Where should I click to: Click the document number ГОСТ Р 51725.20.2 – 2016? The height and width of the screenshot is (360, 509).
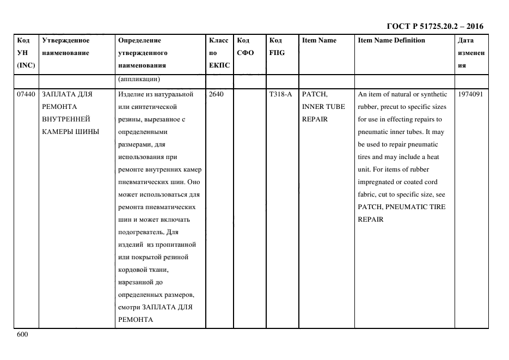click(434, 26)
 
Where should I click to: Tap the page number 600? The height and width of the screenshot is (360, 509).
click(22, 334)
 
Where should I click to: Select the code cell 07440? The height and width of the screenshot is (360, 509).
click(26, 94)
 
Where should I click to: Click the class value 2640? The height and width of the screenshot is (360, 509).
click(216, 94)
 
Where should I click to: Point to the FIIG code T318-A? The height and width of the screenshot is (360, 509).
click(280, 94)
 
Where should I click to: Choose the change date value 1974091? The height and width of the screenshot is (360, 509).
click(471, 94)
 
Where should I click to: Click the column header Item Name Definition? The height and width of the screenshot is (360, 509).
click(391, 40)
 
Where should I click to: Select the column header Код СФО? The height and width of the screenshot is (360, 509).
click(246, 46)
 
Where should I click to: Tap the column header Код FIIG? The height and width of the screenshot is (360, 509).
click(277, 46)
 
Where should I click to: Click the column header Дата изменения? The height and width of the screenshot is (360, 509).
click(471, 53)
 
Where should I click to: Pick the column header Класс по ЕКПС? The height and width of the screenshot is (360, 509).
click(219, 53)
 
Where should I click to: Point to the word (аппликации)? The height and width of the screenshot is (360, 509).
click(138, 80)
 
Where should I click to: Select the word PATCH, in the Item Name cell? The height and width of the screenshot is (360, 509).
click(315, 94)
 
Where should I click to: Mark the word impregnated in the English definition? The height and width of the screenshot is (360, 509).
click(379, 182)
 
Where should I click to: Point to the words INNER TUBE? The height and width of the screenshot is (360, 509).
click(323, 107)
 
